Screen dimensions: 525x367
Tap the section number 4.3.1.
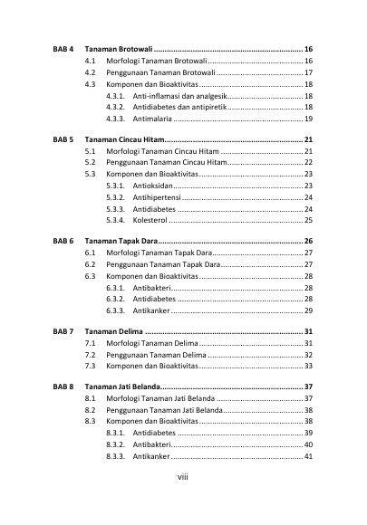coord(115,95)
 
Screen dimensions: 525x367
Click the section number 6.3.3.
coord(115,310)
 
